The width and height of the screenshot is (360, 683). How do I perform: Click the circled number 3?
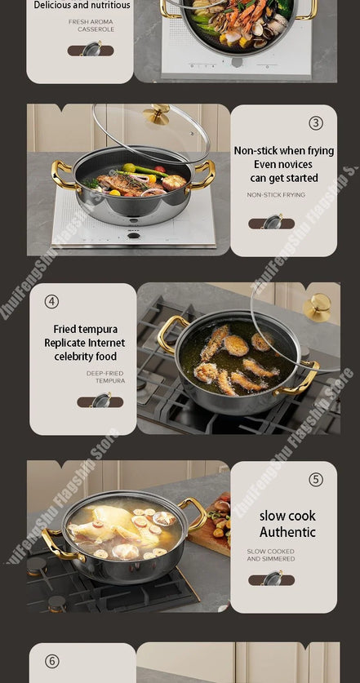[316, 123]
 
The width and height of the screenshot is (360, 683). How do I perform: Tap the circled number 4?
[51, 301]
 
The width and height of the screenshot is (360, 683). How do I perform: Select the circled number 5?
[316, 480]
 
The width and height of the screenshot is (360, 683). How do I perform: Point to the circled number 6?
[51, 661]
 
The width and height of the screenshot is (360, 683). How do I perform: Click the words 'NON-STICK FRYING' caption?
[276, 195]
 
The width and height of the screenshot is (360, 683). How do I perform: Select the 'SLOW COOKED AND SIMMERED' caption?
[271, 555]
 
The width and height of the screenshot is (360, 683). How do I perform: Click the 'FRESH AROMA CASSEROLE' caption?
[91, 25]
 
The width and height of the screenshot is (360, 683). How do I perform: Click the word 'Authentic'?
[287, 532]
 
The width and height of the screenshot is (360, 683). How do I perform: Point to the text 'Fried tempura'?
[86, 329]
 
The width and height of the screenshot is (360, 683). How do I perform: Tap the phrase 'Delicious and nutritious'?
[82, 5]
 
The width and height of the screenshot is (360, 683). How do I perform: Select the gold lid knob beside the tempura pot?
[318, 307]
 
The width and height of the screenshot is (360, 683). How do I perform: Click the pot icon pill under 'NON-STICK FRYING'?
[271, 223]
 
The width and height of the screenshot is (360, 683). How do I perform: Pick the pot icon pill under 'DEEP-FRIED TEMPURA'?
[100, 401]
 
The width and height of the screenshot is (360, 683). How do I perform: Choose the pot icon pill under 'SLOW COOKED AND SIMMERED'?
[271, 579]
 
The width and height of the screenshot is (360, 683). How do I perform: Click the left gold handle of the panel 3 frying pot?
[62, 174]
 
